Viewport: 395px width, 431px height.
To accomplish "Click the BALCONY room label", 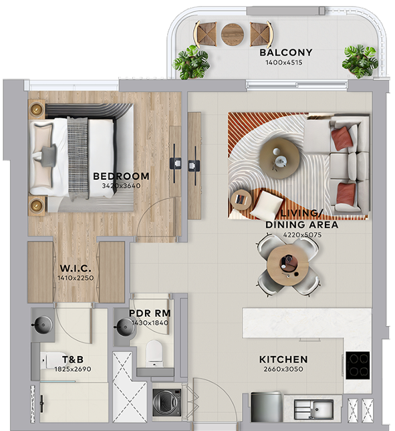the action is point(286,52).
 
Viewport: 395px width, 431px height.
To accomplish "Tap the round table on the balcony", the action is point(233,34).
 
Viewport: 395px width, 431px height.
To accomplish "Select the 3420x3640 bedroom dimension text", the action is point(121,186).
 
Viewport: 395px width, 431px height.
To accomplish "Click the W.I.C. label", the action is point(76,268).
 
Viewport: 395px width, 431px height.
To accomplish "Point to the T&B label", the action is point(73,360).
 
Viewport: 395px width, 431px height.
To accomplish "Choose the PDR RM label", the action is point(150,313).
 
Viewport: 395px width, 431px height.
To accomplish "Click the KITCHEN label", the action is point(283,360).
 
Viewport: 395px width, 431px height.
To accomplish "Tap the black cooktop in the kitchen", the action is point(358,365).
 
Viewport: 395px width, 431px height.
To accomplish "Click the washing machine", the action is point(167,402).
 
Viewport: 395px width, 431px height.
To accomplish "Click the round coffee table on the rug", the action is point(279,158).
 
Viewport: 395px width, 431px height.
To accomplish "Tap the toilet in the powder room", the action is point(154,353).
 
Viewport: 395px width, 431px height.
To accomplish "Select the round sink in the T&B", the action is point(43,325).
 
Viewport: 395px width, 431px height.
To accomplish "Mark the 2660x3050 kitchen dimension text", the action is point(283,369).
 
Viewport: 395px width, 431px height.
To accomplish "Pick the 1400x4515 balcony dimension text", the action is point(284,62).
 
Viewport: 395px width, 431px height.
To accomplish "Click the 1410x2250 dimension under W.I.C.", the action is point(76,278).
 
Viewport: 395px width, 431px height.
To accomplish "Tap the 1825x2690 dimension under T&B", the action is point(73,369).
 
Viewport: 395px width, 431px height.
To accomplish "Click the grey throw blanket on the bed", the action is point(78,158).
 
